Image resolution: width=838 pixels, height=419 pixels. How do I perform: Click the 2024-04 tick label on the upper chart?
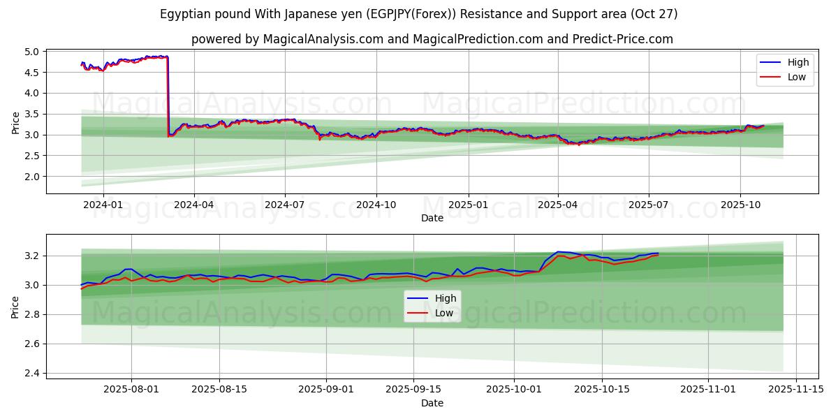point(193,205)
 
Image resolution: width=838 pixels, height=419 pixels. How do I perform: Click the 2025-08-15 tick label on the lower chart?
point(219,390)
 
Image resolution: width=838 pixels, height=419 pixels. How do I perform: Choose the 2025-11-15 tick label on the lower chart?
point(796,390)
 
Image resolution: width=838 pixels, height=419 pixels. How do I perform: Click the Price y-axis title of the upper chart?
point(15,122)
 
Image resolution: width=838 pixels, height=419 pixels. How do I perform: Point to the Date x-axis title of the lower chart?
point(432,403)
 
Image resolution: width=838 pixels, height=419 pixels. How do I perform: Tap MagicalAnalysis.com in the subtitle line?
point(323,39)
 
